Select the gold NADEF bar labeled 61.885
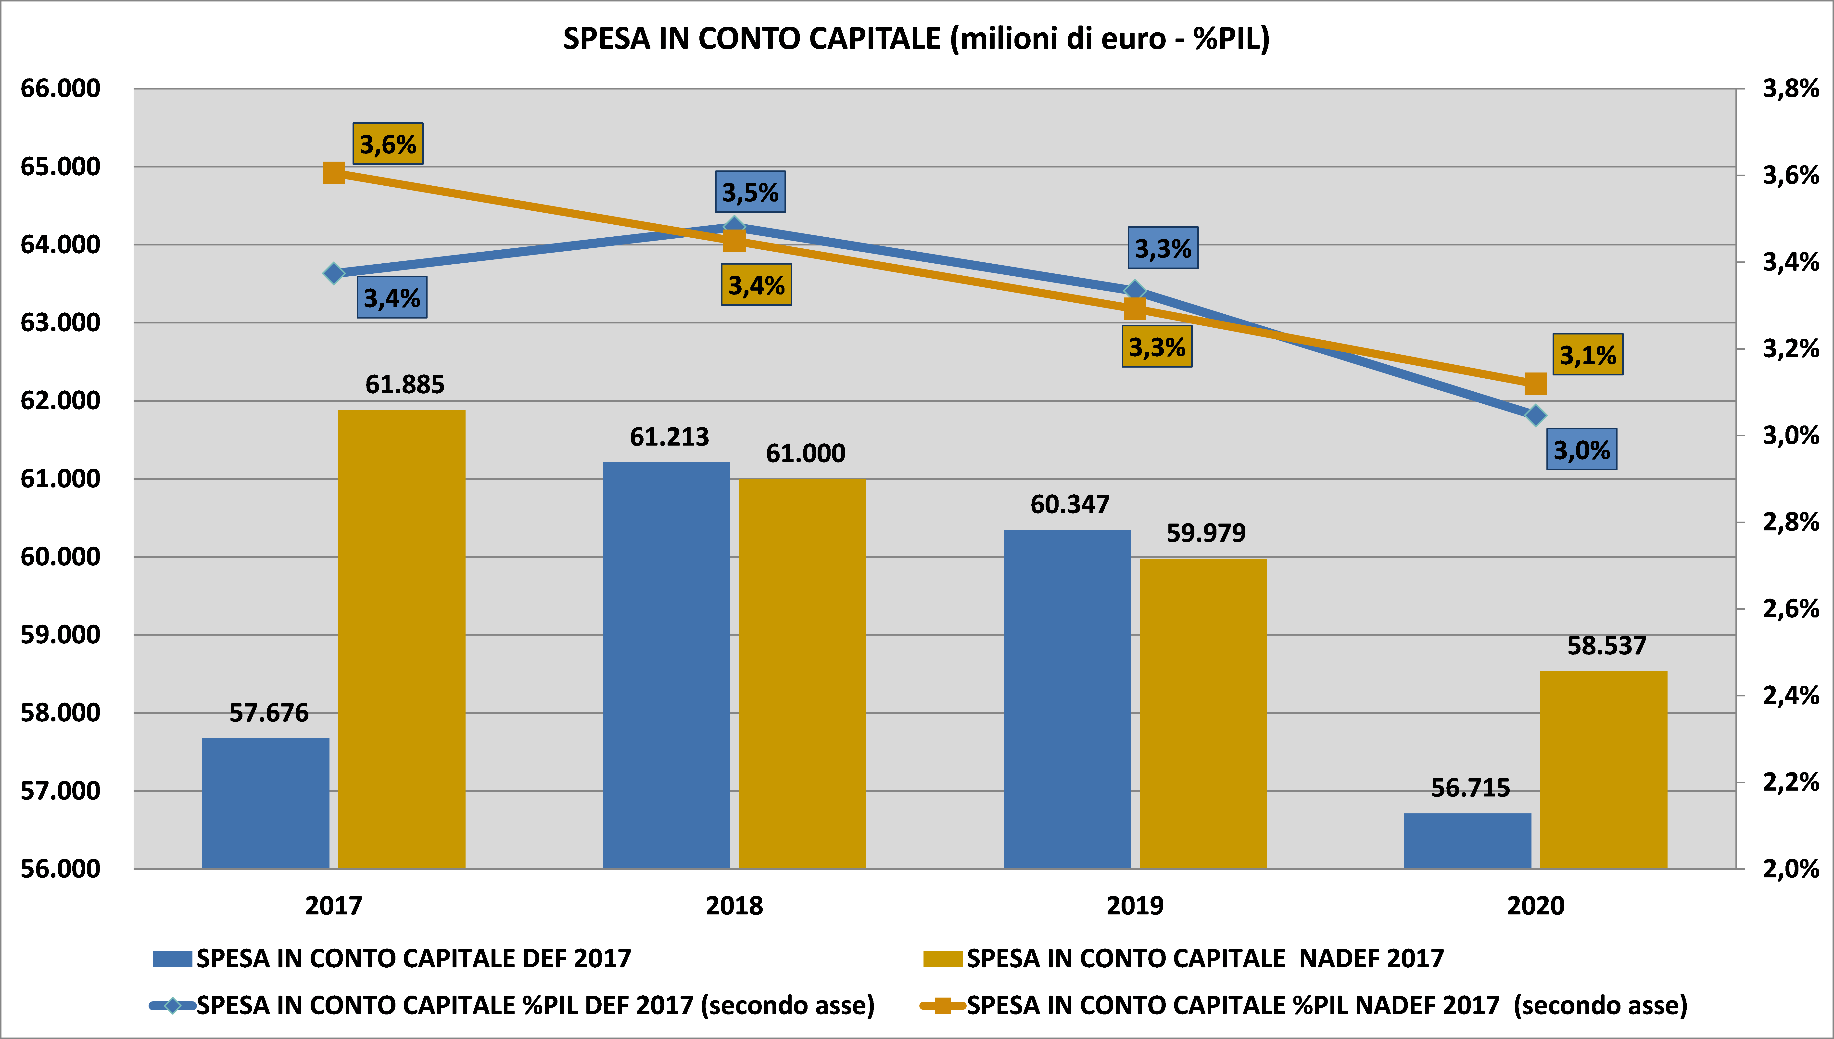[x=402, y=639]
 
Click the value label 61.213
[x=669, y=437]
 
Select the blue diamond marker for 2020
[x=1535, y=415]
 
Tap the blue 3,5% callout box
[x=750, y=192]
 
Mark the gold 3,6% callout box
[x=387, y=144]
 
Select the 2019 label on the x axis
[x=1134, y=906]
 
